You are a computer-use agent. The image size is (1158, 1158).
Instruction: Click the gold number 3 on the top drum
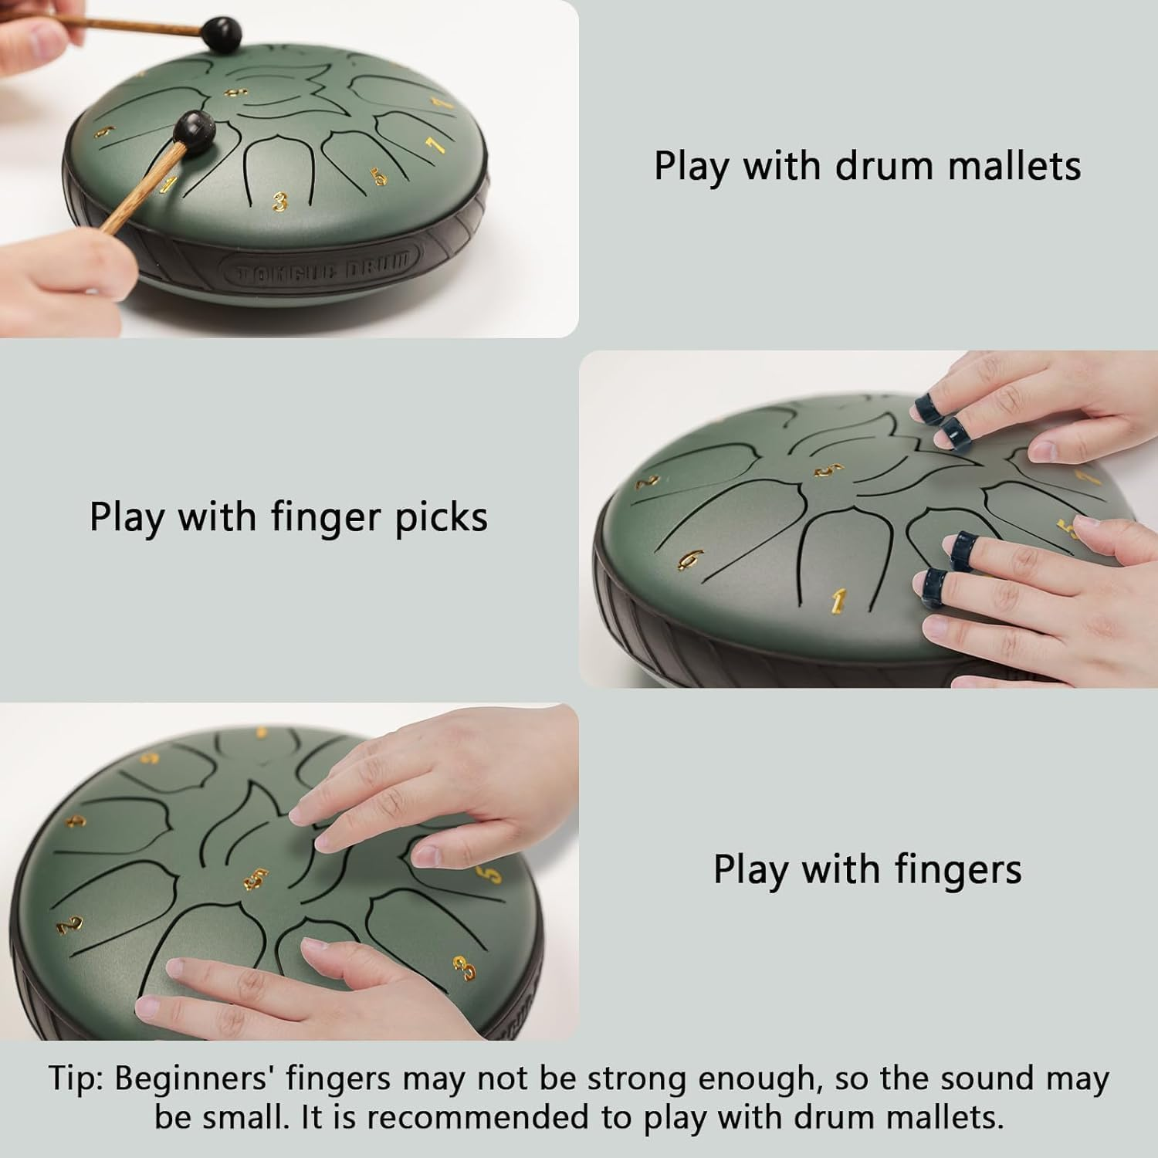[x=279, y=202]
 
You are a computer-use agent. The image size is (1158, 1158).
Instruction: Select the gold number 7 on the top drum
[x=435, y=144]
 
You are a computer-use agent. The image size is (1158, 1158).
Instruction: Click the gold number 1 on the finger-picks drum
[x=839, y=599]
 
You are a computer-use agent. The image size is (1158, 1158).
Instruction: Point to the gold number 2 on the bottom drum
[x=69, y=923]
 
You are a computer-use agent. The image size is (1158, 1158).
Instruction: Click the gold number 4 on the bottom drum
[x=76, y=820]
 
